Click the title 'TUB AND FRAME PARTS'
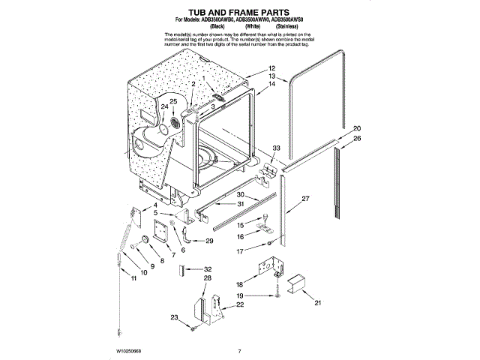pos(239,13)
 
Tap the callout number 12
pos(271,68)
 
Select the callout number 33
pos(276,147)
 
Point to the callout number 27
pos(305,199)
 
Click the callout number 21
pos(317,303)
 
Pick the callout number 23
pos(175,319)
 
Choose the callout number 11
pos(134,278)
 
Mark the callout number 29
pos(209,240)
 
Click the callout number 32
pos(208,268)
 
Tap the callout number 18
pos(239,285)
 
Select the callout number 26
pos(357,139)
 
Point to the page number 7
pos(239,351)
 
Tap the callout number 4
pos(155,205)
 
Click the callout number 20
pos(357,128)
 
